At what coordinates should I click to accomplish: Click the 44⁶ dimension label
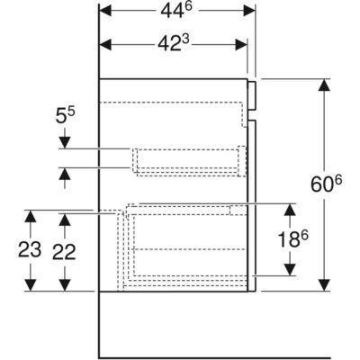click(175, 11)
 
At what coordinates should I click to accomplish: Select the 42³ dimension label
click(174, 44)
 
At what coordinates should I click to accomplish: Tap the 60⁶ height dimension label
click(326, 184)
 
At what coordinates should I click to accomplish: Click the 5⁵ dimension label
click(65, 116)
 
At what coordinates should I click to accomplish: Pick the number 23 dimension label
click(30, 249)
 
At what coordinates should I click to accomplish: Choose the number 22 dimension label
click(64, 252)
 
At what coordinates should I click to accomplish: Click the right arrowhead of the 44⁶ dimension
click(249, 11)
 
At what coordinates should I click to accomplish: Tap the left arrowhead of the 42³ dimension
click(105, 45)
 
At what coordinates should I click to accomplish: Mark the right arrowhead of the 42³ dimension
click(241, 45)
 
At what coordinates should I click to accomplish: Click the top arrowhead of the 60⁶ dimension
click(324, 85)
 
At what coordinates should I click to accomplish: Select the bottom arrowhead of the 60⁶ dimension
click(324, 285)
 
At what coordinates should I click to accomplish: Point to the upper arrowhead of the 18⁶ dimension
click(290, 210)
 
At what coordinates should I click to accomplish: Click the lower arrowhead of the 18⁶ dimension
click(290, 269)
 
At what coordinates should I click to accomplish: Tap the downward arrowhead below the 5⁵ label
click(65, 142)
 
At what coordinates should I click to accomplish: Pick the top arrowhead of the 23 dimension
click(31, 216)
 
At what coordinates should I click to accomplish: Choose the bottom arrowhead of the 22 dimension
click(65, 285)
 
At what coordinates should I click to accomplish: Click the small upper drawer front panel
click(252, 95)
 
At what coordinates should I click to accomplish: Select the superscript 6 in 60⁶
click(338, 181)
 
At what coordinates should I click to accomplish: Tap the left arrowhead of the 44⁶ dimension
click(105, 11)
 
